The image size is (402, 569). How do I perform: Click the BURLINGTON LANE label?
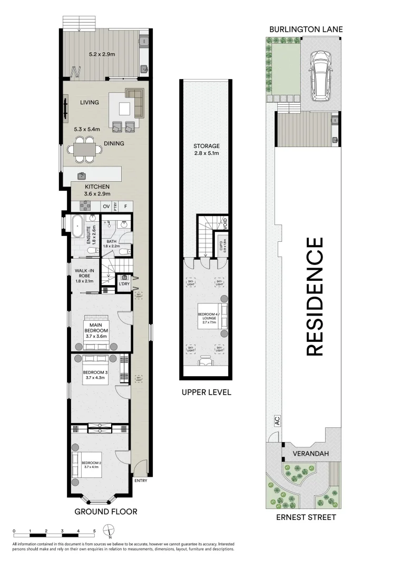click(x=306, y=30)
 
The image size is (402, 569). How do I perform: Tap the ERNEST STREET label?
click(x=306, y=517)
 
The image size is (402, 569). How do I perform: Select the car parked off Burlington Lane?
click(x=319, y=76)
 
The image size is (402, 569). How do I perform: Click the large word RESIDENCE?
click(x=314, y=297)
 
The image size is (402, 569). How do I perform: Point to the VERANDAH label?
click(x=307, y=453)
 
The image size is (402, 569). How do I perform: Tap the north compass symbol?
click(x=109, y=530)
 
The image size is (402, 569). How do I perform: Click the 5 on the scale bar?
click(x=94, y=531)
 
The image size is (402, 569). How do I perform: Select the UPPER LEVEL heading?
click(x=206, y=392)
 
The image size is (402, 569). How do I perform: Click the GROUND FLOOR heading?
click(x=106, y=511)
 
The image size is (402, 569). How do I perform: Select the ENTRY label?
click(x=141, y=480)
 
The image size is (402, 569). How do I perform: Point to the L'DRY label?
click(x=124, y=284)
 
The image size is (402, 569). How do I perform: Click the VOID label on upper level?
click(x=225, y=221)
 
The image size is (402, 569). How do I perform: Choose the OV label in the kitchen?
click(x=106, y=206)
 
